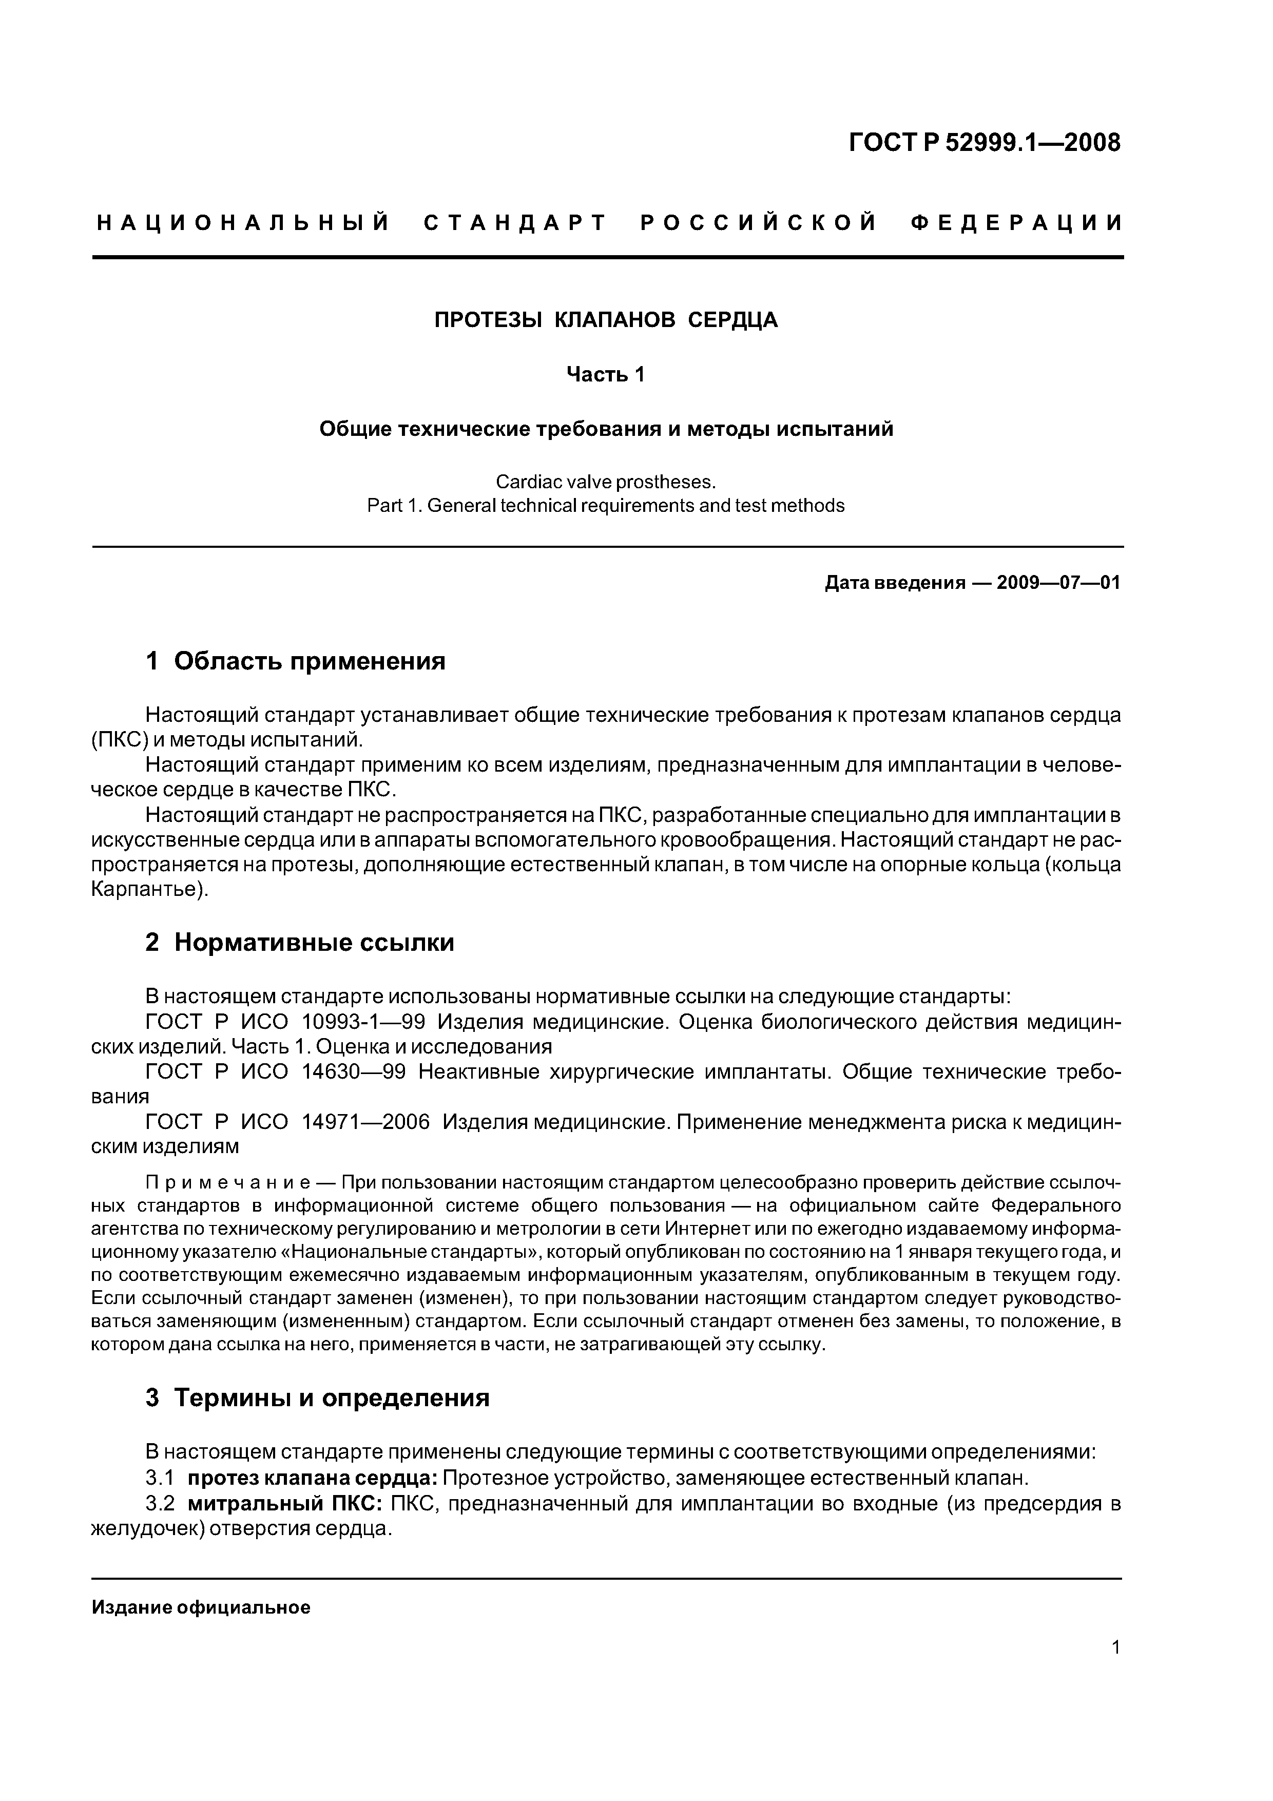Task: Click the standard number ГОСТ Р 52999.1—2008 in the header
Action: click(x=985, y=143)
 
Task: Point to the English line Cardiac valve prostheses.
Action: click(x=606, y=481)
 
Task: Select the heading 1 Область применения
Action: click(x=296, y=661)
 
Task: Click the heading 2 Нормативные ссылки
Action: click(x=300, y=942)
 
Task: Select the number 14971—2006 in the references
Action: click(x=365, y=1122)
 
